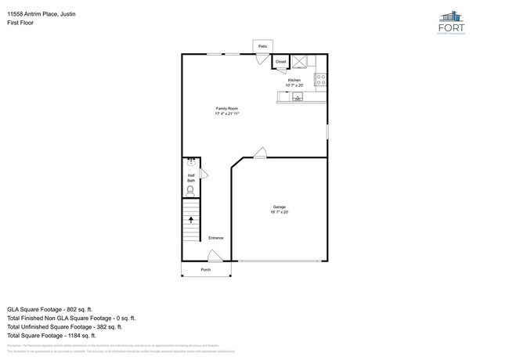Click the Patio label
point(262,47)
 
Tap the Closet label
point(280,61)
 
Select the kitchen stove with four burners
point(320,79)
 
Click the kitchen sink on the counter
point(298,97)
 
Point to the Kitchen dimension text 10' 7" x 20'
point(294,85)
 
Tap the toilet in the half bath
point(190,189)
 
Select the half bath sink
point(190,163)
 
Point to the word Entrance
point(216,238)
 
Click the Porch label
point(206,269)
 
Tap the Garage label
point(280,207)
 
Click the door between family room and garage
point(261,153)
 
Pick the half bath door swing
point(203,174)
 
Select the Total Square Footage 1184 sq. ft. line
point(60,337)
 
